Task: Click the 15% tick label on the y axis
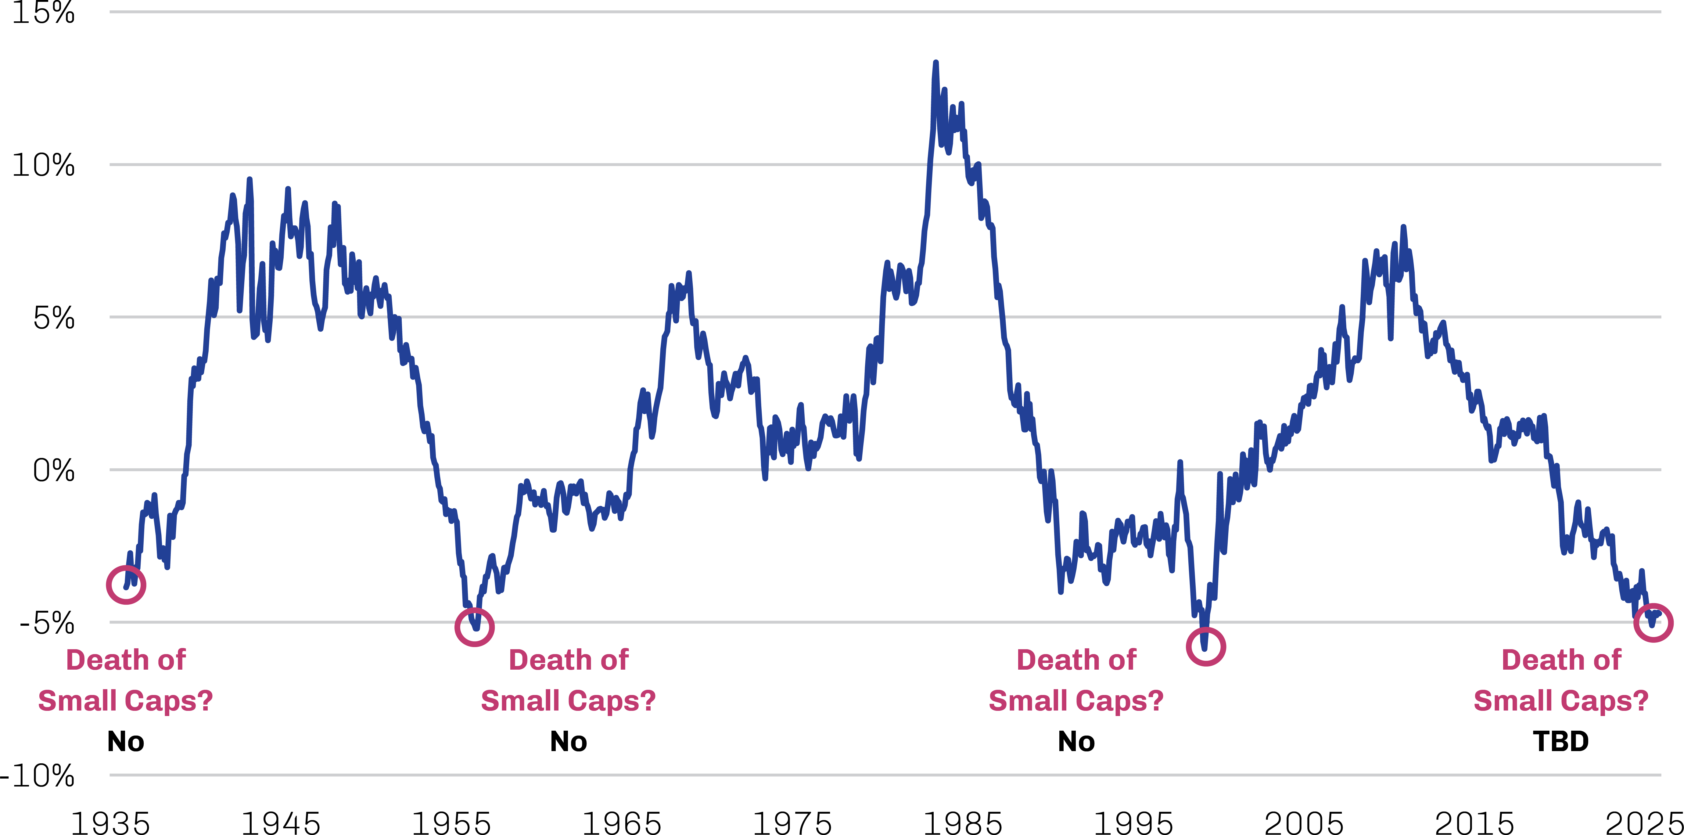(43, 12)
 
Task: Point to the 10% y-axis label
(43, 165)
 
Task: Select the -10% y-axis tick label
(38, 776)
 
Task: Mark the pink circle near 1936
(126, 585)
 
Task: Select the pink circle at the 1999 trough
(1205, 646)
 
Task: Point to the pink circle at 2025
(1653, 622)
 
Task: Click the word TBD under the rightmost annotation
(1561, 742)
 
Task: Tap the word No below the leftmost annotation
(126, 742)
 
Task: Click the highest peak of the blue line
(935, 63)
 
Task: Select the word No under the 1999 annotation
(1076, 742)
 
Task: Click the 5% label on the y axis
(54, 318)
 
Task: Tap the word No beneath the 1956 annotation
(568, 742)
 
